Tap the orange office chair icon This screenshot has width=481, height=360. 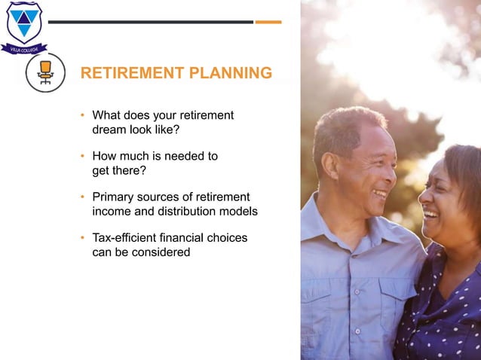click(x=45, y=72)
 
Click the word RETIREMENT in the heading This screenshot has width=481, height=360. click(x=133, y=73)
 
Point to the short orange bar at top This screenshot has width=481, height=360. click(x=268, y=22)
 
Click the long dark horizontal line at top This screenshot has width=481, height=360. click(x=151, y=22)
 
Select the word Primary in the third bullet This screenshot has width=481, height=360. click(x=113, y=197)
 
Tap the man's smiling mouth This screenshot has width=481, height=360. click(x=378, y=194)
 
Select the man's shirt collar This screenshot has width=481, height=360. click(x=339, y=226)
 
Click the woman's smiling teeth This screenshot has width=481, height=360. click(x=430, y=213)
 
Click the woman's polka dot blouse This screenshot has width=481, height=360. click(x=445, y=316)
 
